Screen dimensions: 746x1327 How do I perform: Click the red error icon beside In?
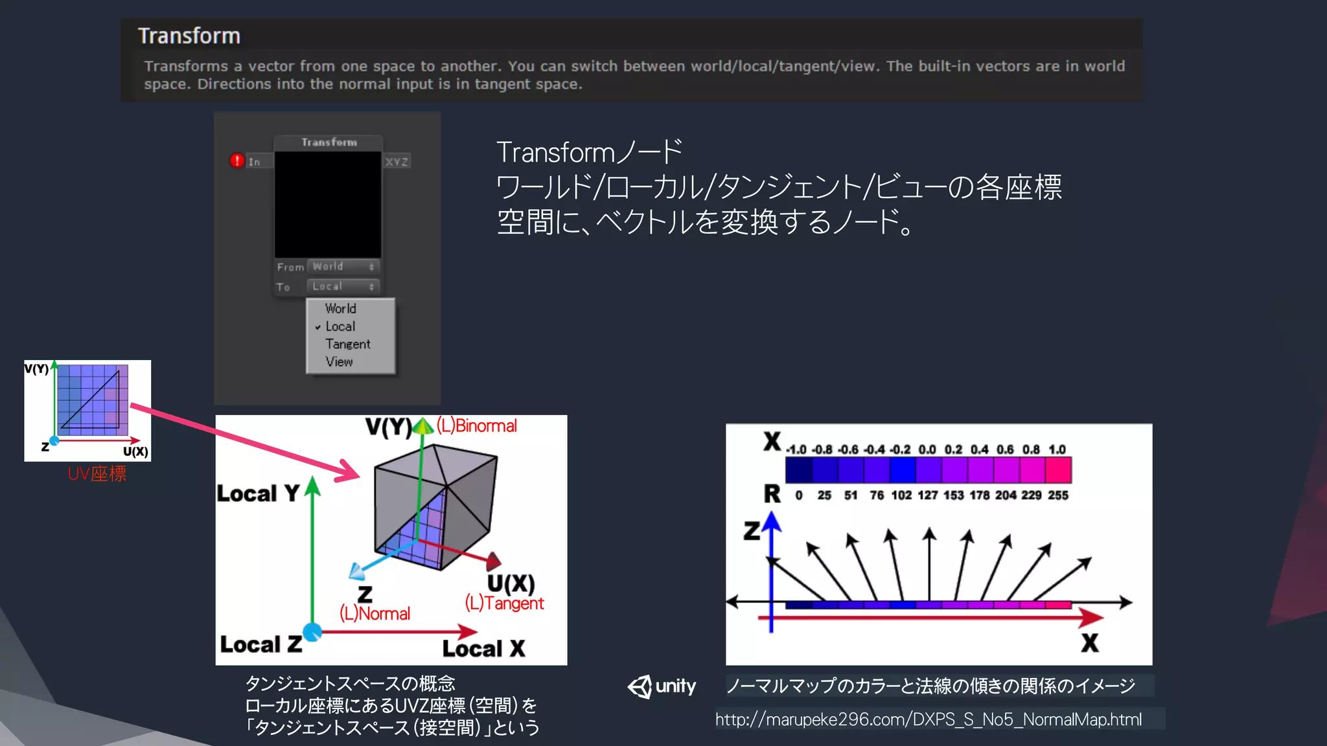tap(237, 161)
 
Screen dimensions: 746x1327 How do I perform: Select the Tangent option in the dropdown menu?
tap(347, 344)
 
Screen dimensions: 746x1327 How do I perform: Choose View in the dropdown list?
tap(339, 361)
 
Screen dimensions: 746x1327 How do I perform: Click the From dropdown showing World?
tap(343, 267)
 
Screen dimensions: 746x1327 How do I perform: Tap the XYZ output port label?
tap(397, 161)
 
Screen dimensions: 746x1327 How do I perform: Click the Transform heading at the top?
tap(189, 36)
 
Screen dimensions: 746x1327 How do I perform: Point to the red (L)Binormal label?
tap(476, 425)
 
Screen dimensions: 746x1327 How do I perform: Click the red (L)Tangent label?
tap(504, 603)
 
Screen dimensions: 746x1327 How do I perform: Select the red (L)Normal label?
tap(375, 613)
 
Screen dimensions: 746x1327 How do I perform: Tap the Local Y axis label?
tap(258, 493)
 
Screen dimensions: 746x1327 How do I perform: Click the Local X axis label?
tap(483, 648)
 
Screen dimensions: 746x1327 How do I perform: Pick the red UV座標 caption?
tap(97, 474)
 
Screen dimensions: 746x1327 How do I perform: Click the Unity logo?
tap(662, 686)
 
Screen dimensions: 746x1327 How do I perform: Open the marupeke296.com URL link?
tap(928, 719)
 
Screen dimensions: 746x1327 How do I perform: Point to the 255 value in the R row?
tap(1057, 495)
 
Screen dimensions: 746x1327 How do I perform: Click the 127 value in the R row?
tap(927, 495)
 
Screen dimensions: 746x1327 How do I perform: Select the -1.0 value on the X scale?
tap(796, 449)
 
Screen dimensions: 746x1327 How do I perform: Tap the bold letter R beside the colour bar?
tap(772, 494)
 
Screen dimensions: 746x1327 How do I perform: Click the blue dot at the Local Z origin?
tap(312, 632)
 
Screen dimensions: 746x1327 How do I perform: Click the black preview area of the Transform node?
tap(328, 205)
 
